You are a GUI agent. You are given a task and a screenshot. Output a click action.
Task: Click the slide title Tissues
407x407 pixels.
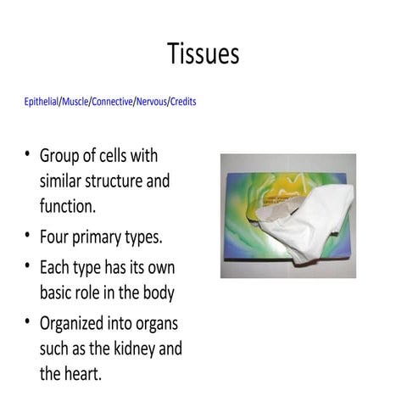point(203,54)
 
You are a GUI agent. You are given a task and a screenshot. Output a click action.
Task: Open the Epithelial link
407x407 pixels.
point(41,102)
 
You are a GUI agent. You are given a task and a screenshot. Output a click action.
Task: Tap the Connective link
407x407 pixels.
point(112,102)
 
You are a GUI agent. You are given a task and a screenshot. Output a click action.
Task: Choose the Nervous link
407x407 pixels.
point(152,102)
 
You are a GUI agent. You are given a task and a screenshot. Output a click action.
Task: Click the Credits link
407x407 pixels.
point(183,102)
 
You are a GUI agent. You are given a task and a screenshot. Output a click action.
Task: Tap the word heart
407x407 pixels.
point(84,372)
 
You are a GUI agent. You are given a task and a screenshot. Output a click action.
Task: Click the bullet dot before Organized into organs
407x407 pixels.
point(27,323)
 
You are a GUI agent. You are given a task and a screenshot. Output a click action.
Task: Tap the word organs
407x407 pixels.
point(160,325)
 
